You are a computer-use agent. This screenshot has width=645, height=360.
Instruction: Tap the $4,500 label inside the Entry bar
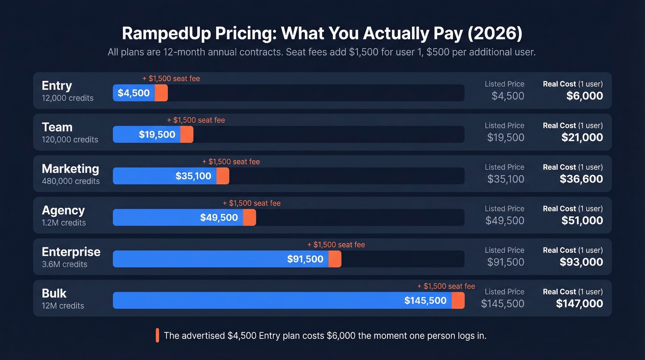[134, 93]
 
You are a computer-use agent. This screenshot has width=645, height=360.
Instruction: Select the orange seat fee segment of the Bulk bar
[458, 301]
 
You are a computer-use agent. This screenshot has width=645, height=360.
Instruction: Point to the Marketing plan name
[70, 169]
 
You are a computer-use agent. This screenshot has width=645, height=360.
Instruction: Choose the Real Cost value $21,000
[582, 137]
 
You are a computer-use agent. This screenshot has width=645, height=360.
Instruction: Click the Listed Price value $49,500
[504, 220]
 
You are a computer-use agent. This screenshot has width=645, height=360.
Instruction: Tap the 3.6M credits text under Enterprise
[64, 264]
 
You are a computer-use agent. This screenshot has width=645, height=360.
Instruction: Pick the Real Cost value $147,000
[579, 303]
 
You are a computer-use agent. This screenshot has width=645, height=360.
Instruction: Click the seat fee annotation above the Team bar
[196, 120]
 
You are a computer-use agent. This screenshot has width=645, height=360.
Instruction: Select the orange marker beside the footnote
[157, 335]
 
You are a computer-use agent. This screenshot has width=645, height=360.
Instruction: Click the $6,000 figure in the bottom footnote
[341, 336]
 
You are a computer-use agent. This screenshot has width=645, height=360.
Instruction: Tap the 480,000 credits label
[70, 181]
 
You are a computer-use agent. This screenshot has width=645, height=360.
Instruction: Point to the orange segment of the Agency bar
[249, 218]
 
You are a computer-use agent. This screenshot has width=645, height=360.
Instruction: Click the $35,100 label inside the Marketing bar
[193, 176]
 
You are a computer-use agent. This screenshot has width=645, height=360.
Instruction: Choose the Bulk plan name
[54, 293]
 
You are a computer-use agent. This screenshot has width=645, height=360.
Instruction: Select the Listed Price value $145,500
[502, 303]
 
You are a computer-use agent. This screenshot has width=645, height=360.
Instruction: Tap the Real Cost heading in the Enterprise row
[559, 250]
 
